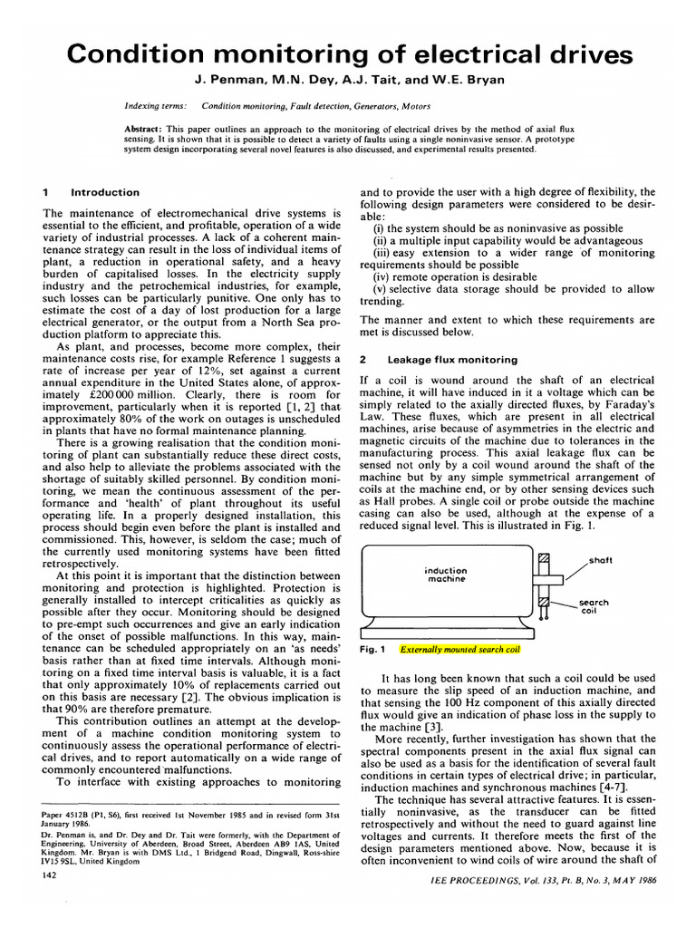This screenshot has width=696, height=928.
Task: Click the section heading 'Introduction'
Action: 105,192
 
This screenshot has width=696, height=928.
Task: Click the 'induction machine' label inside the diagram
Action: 445,575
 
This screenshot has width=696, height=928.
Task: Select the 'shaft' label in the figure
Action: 599,561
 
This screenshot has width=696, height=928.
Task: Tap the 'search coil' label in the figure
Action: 594,606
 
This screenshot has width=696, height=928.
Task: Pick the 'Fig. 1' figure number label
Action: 373,650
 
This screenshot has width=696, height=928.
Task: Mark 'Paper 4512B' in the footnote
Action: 69,815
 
